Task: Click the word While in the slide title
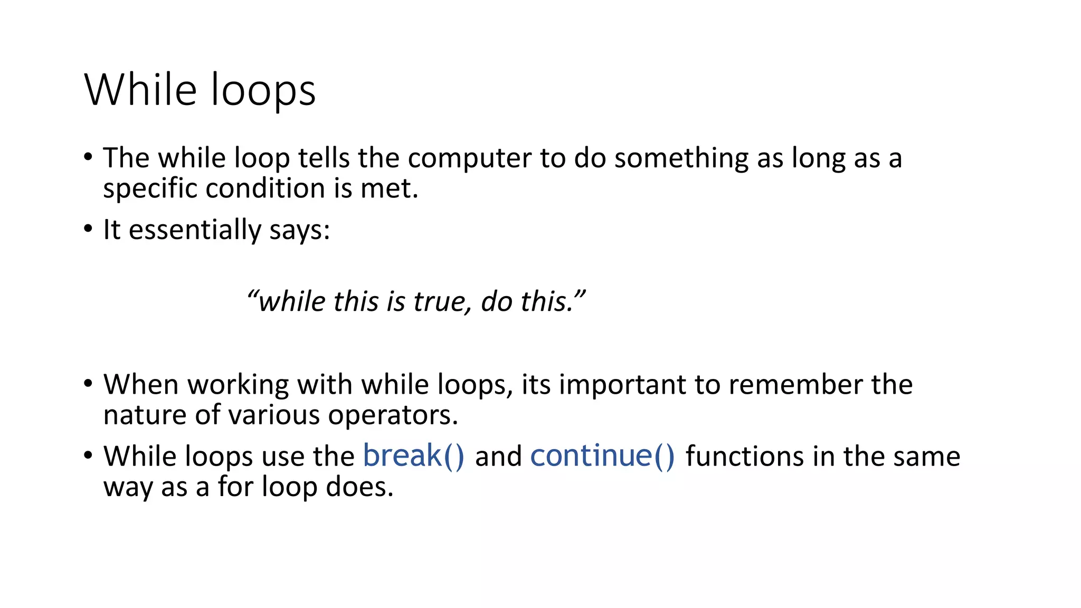[x=140, y=90]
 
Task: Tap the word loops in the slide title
[x=263, y=91]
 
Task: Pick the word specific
[x=149, y=189]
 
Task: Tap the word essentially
[x=195, y=230]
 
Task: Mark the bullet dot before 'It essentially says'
[x=88, y=230]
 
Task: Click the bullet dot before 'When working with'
[x=88, y=384]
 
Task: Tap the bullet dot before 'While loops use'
[x=88, y=456]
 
